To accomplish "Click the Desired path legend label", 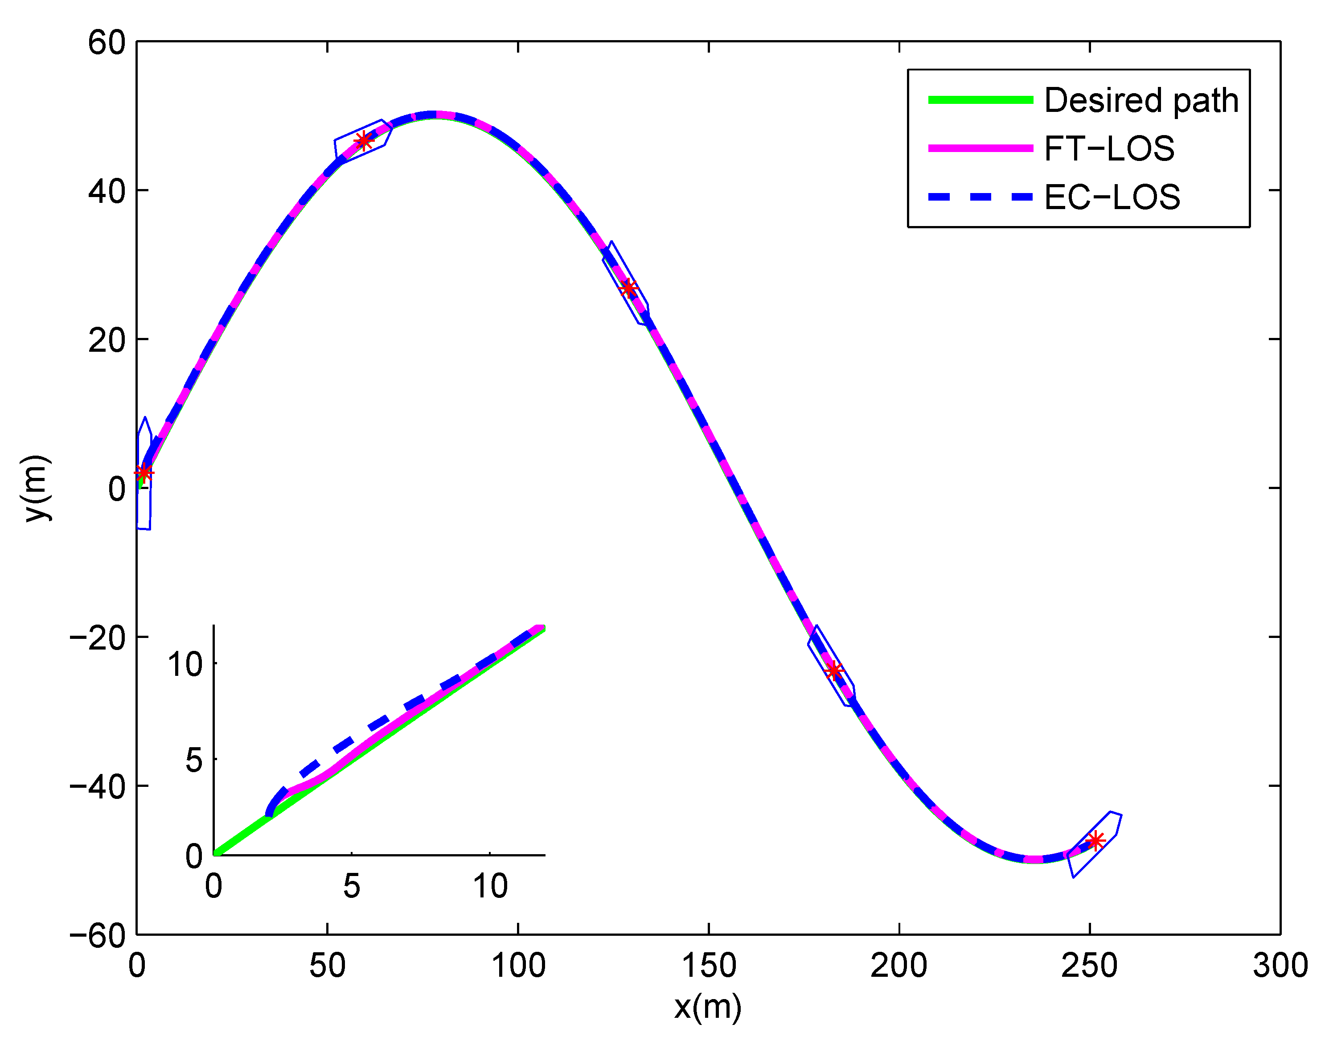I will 1141,100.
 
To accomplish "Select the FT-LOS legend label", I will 1109,149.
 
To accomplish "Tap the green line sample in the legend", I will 980,100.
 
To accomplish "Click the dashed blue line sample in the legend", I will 980,197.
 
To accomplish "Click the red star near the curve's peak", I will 364,141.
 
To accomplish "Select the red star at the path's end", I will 1095,841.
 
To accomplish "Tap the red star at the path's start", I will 144,473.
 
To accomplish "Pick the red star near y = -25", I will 833,671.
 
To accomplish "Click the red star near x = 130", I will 628,288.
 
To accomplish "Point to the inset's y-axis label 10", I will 185,664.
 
